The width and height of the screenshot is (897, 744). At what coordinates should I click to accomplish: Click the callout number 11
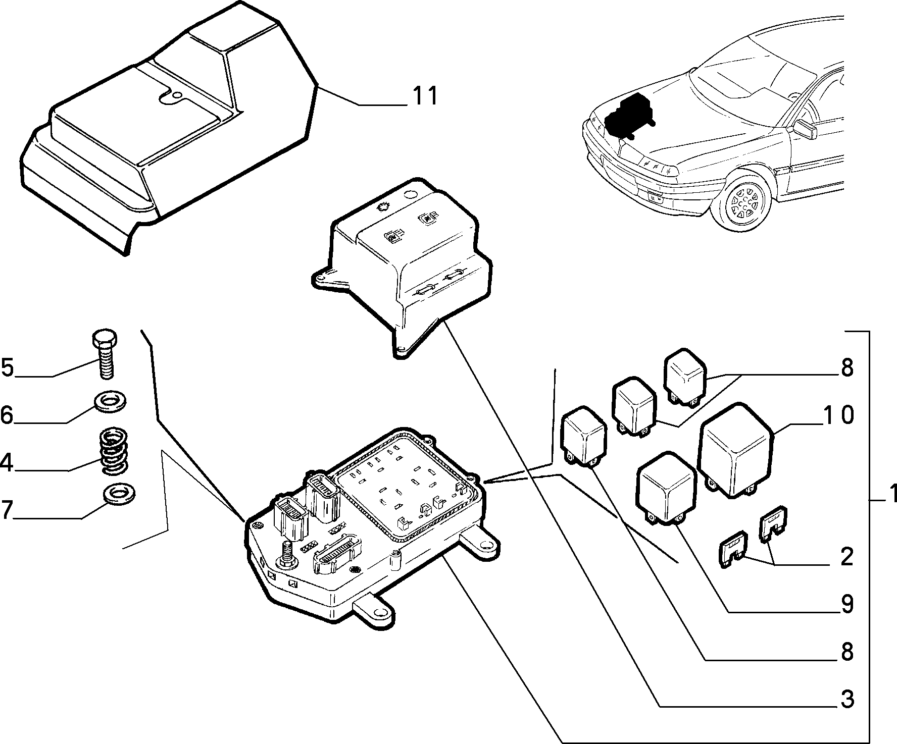pyautogui.click(x=425, y=95)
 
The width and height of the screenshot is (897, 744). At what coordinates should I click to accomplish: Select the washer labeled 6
pyautogui.click(x=110, y=402)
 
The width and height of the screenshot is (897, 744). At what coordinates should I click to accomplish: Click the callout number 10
pyautogui.click(x=838, y=415)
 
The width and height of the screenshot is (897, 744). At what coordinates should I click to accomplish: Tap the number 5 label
pyautogui.click(x=8, y=367)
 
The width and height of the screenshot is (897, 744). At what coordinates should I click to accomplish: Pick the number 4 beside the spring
pyautogui.click(x=7, y=462)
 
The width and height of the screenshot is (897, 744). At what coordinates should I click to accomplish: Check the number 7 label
pyautogui.click(x=7, y=510)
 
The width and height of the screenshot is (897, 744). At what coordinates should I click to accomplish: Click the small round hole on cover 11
pyautogui.click(x=176, y=95)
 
